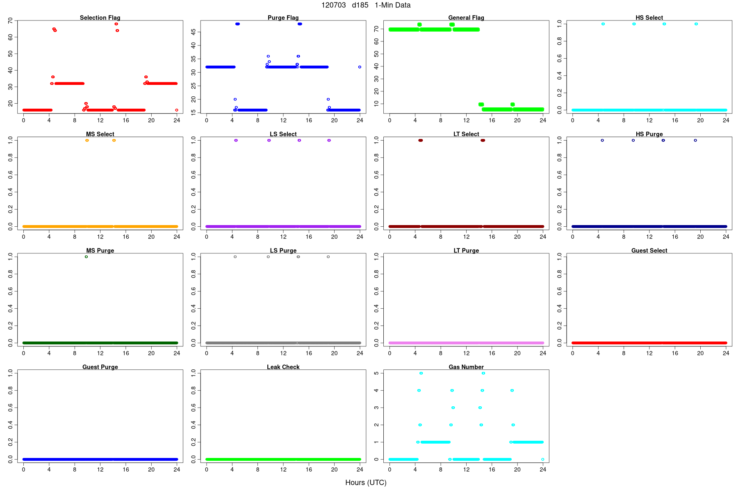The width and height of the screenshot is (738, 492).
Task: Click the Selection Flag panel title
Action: (100, 18)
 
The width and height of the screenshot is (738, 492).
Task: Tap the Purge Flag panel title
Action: (283, 18)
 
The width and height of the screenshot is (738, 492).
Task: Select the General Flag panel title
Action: (466, 18)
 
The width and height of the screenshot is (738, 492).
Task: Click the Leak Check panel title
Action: (283, 367)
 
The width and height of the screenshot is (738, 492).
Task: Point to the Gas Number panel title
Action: (466, 367)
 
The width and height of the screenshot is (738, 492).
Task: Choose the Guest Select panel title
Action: (649, 251)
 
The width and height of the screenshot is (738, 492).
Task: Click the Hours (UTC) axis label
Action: (366, 483)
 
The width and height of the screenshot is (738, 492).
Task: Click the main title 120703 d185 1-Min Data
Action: (366, 5)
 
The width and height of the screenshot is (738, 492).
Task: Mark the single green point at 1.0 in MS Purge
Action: (86, 257)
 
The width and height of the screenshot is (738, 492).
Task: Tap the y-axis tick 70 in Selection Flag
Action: (11, 20)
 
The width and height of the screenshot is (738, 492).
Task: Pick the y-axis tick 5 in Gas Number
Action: (376, 373)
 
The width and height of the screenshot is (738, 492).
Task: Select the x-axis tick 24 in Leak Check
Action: (360, 469)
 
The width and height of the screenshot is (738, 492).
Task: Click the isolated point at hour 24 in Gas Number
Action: (542, 459)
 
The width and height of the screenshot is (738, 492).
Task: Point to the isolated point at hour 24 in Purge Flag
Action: (360, 67)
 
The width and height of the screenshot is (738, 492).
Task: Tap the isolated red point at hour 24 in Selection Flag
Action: (177, 110)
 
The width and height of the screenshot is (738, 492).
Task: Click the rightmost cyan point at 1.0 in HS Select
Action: (696, 24)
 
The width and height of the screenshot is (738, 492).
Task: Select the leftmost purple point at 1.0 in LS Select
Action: (236, 140)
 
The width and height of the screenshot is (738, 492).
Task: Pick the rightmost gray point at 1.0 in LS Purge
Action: (328, 257)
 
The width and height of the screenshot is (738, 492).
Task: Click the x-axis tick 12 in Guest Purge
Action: (100, 469)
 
